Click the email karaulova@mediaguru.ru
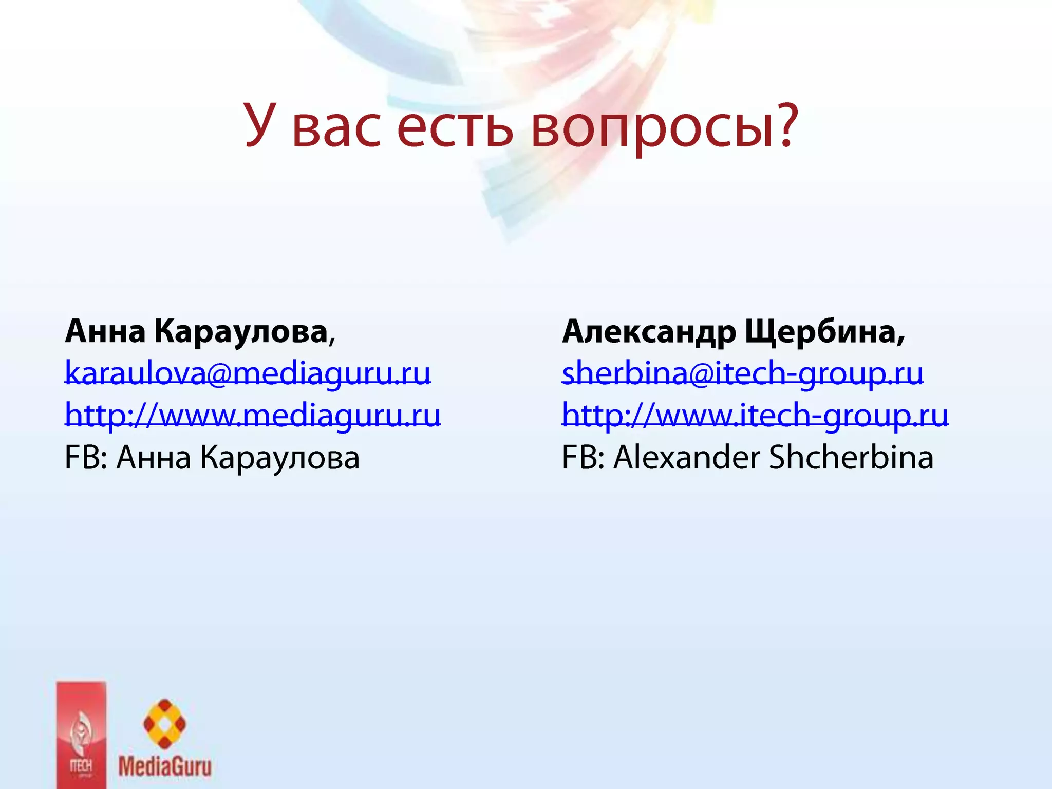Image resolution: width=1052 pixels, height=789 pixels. [248, 373]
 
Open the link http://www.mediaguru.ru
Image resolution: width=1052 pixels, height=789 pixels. [253, 415]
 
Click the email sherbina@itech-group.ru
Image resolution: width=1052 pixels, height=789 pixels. [742, 373]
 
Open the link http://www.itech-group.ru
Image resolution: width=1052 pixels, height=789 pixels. [755, 415]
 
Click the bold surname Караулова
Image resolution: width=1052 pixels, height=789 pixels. [241, 332]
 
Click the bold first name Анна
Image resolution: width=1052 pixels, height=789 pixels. [105, 332]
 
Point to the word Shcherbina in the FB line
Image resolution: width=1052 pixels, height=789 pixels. [851, 457]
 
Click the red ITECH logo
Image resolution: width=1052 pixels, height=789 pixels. [81, 735]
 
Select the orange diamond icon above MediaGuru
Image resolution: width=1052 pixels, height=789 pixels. [164, 723]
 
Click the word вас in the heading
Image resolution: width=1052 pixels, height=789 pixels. [336, 128]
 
